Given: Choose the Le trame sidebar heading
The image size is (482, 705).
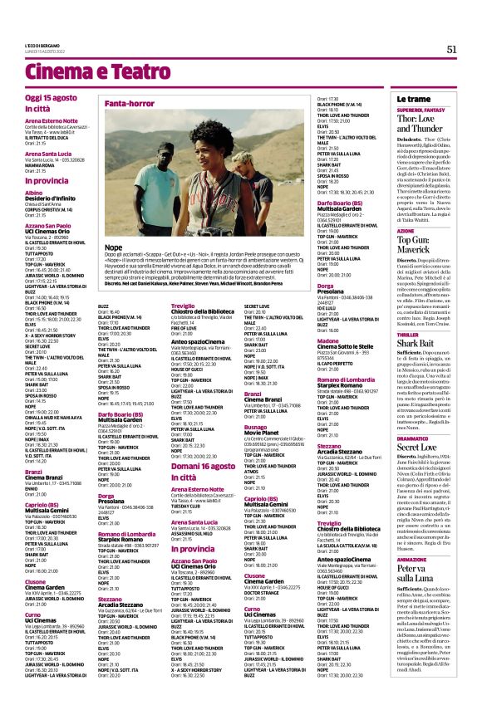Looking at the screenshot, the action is (414, 99).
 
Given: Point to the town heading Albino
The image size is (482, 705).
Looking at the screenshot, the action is (34, 191).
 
